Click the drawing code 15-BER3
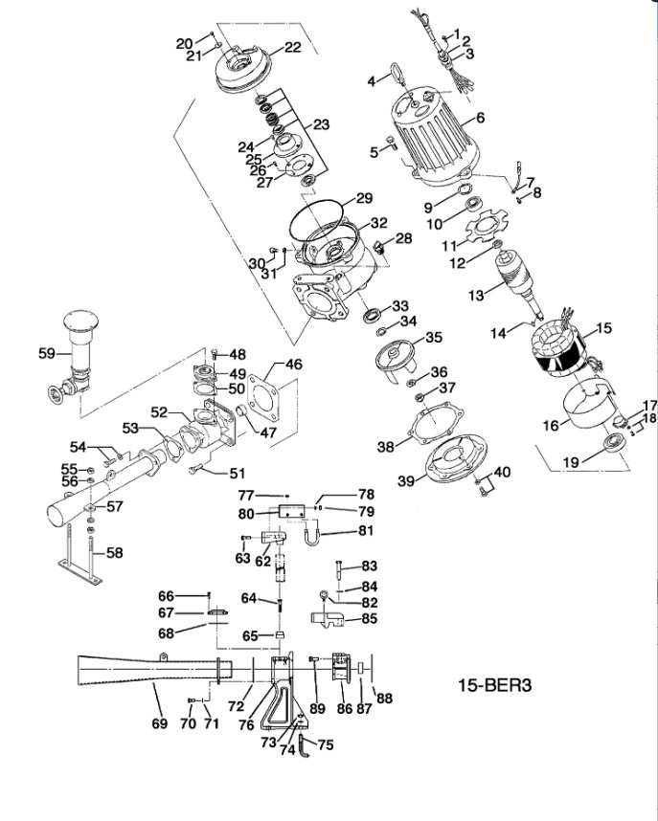[495, 685]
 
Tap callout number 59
[47, 353]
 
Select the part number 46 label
[294, 364]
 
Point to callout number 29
[364, 198]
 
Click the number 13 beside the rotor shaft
[477, 296]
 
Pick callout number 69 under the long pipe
[159, 723]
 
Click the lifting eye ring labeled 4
[397, 73]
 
